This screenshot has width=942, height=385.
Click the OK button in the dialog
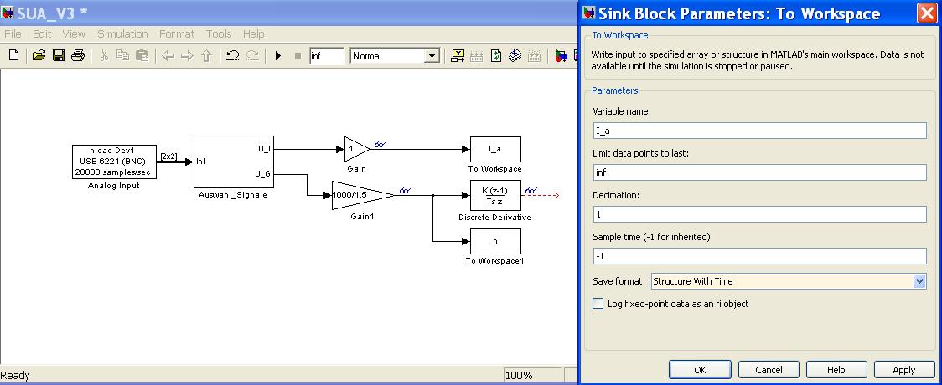tap(700, 369)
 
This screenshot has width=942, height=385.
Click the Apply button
tap(903, 369)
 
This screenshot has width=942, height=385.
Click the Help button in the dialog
tap(836, 369)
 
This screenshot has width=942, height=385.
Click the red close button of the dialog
tap(926, 13)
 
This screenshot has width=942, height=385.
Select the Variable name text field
tap(759, 131)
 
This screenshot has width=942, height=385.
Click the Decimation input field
tap(759, 214)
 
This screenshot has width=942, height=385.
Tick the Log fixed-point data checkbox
tap(598, 304)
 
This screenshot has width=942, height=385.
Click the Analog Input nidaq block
tap(113, 161)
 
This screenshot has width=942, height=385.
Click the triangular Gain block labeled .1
tap(355, 149)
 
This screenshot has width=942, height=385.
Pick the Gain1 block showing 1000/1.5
tap(360, 195)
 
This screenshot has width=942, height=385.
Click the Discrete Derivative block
tap(494, 196)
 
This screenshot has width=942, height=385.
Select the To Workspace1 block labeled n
tap(494, 241)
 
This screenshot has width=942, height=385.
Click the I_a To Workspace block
tap(494, 149)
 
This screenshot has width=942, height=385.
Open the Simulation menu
tap(122, 34)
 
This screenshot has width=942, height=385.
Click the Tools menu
tap(219, 34)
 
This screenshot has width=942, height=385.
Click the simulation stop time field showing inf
tap(326, 56)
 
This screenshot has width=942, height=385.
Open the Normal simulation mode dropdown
tap(395, 56)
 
